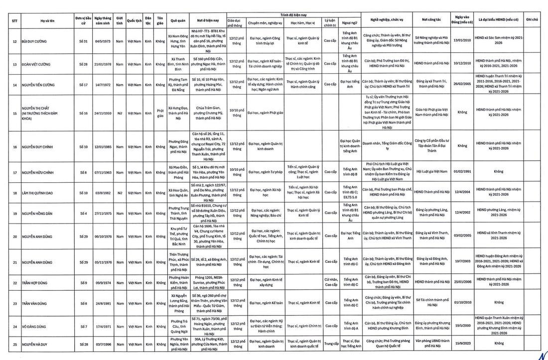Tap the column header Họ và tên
coord(49,21)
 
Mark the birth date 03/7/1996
coord(102,344)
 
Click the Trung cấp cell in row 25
coord(329,344)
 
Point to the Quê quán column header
coord(178,21)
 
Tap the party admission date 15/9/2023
coord(462,344)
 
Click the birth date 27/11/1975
coord(102,214)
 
